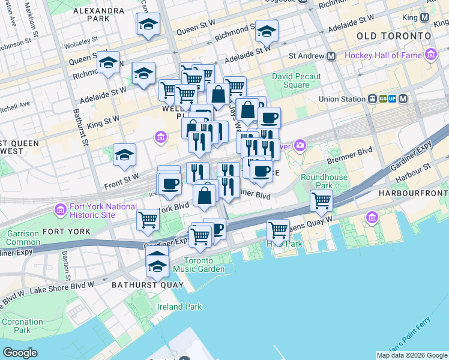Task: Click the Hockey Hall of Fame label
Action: pyautogui.click(x=383, y=56)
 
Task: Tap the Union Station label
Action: pyautogui.click(x=342, y=98)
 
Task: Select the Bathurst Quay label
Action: pyautogui.click(x=147, y=284)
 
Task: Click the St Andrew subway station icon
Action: pyautogui.click(x=331, y=56)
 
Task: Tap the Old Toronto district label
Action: pyautogui.click(x=394, y=36)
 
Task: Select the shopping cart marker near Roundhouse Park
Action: pyautogui.click(x=322, y=202)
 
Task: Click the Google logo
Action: pyautogui.click(x=20, y=353)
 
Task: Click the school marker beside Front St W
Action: pyautogui.click(x=125, y=155)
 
